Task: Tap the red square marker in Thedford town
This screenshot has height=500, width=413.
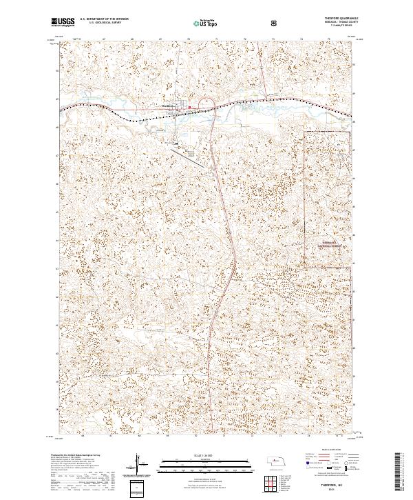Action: (x=190, y=107)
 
